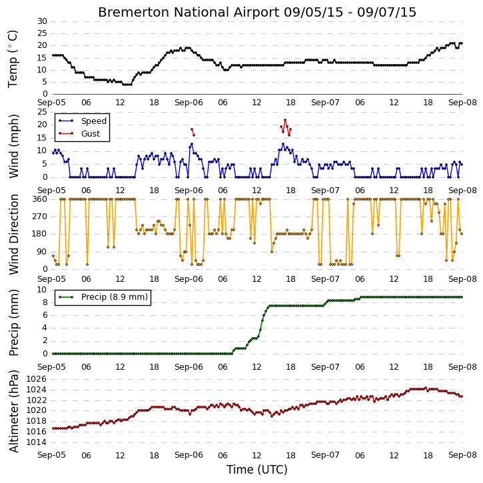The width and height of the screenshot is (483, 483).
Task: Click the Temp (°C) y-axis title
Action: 13,59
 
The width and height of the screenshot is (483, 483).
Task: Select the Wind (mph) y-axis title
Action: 13,146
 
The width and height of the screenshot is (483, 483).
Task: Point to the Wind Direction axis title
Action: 13,234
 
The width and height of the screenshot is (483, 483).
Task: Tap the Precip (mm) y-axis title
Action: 13,322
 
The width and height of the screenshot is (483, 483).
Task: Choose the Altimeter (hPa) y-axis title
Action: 13,411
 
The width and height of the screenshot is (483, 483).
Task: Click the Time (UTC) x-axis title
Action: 257,470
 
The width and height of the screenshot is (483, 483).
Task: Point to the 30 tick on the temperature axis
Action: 42,21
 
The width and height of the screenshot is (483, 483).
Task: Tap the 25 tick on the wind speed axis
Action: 42,112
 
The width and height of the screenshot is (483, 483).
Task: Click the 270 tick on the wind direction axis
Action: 40,217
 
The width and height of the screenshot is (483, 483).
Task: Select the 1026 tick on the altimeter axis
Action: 37,379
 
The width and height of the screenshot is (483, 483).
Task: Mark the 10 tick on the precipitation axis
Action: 42,290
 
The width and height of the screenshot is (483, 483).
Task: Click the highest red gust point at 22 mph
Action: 285,120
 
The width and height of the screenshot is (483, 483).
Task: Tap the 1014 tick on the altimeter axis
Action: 37,442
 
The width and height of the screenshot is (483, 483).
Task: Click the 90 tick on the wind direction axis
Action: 42,252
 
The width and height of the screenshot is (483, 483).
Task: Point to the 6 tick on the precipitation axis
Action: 45,315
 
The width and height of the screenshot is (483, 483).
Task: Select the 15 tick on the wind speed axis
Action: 42,138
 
